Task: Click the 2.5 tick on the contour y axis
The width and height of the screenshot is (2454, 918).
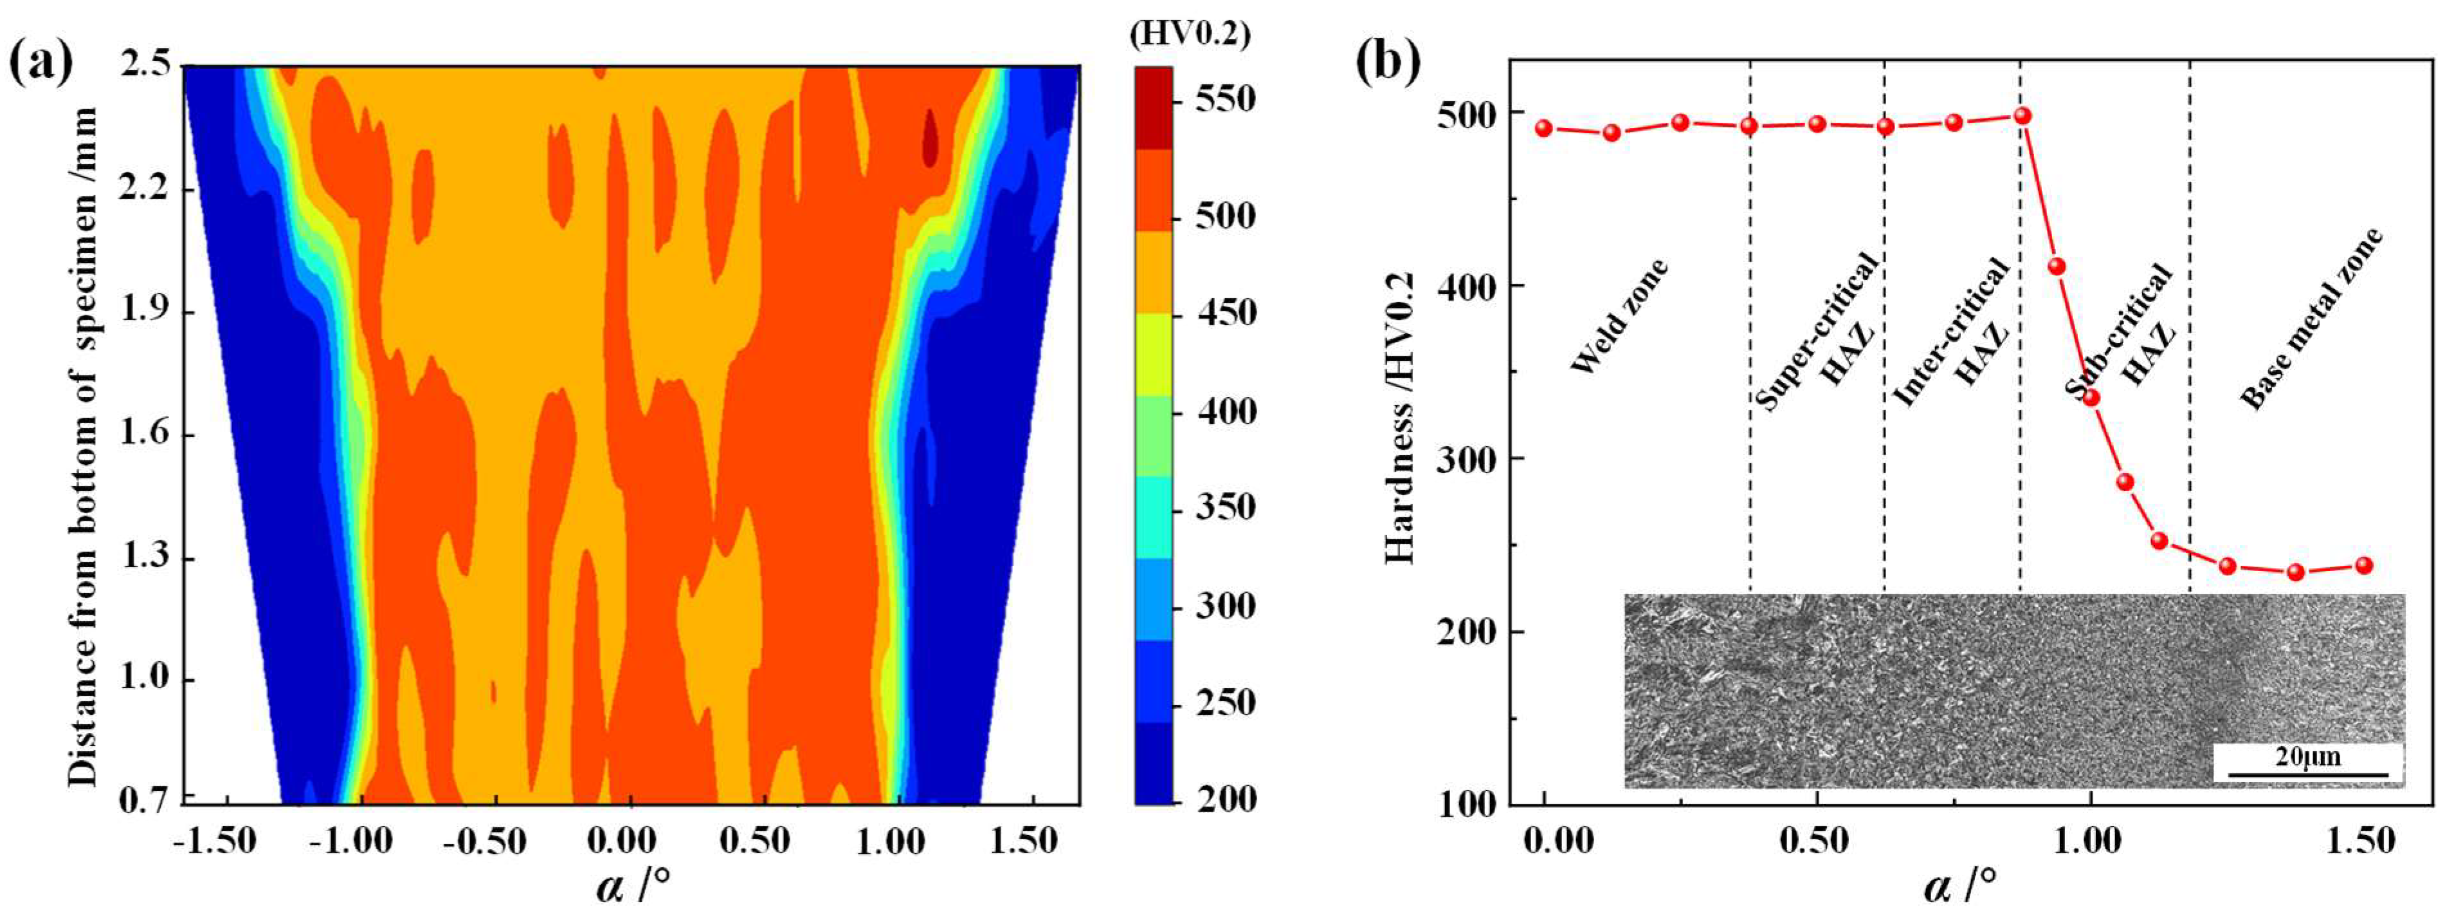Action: coord(146,65)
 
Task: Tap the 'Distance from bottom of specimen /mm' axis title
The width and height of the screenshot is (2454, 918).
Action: coord(84,448)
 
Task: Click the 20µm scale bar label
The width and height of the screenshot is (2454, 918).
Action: coord(2307,758)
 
